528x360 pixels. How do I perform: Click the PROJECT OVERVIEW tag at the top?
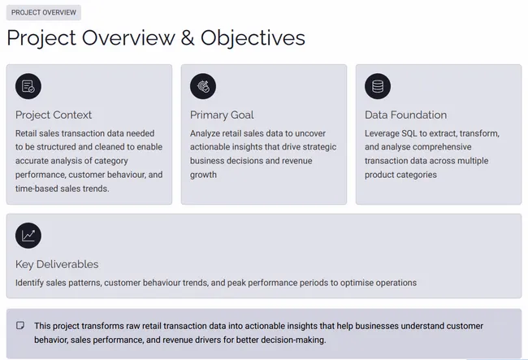click(44, 13)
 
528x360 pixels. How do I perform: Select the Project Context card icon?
click(28, 86)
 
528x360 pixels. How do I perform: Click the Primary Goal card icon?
click(203, 86)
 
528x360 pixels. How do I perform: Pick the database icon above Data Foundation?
click(378, 86)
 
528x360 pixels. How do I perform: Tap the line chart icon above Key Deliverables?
click(28, 236)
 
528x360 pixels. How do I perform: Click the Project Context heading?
click(54, 115)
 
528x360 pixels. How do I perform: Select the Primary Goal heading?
click(222, 115)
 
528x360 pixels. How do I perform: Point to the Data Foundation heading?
click(405, 115)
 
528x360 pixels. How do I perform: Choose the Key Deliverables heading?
click(57, 264)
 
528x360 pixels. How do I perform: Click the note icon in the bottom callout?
click(20, 325)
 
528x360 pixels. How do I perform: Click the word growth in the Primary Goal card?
click(203, 175)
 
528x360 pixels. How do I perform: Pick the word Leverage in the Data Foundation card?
click(384, 133)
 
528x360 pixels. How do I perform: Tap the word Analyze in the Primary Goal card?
click(207, 133)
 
